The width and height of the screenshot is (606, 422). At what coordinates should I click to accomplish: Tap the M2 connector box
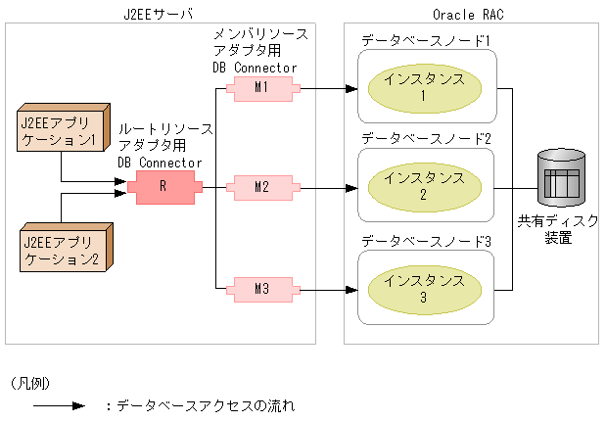(259, 186)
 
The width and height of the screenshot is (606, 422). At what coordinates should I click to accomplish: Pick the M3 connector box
(259, 288)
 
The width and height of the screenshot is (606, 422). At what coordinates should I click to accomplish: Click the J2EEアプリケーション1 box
(59, 131)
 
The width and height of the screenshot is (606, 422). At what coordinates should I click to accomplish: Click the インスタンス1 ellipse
(424, 87)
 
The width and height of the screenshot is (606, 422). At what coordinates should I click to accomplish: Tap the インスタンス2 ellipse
(424, 186)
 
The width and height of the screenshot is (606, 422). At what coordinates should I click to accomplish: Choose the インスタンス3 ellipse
(424, 289)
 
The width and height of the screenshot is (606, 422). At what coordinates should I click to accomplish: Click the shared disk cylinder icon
(561, 177)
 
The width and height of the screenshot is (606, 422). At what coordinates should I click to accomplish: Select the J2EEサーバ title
(161, 13)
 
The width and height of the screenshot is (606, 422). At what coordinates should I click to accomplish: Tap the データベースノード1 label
(425, 42)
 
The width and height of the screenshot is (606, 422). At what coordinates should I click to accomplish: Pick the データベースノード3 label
(425, 240)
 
